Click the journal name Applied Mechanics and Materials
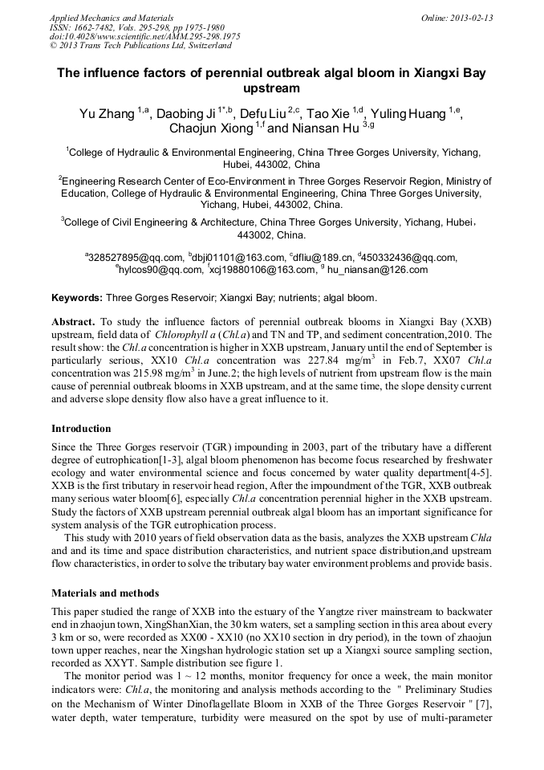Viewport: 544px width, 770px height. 112,18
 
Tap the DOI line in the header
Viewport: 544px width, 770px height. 144,36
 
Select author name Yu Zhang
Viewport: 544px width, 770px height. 107,113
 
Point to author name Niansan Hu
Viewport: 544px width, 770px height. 325,128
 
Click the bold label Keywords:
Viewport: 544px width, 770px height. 77,298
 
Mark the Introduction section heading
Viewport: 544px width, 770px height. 81,428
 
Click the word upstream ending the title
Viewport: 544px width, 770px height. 272,88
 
